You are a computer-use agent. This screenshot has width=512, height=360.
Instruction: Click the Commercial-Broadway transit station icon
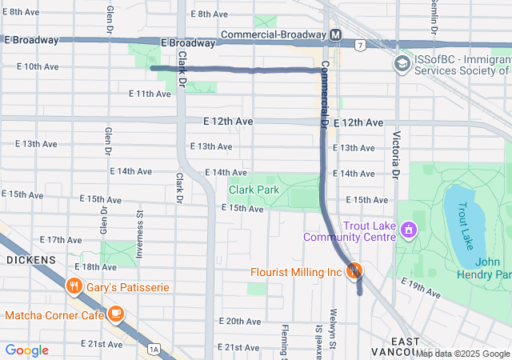tap(336, 35)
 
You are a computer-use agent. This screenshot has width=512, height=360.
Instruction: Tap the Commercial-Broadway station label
tap(272, 35)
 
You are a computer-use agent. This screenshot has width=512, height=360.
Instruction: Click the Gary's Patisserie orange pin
tap(74, 286)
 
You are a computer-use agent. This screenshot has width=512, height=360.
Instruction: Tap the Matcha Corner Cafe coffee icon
tap(117, 314)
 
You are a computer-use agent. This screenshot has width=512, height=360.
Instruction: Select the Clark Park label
tap(254, 190)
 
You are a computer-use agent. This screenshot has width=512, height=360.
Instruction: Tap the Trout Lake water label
tap(466, 214)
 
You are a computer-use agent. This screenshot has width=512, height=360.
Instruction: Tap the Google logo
tap(26, 350)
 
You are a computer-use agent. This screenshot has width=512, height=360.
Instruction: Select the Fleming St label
tap(284, 341)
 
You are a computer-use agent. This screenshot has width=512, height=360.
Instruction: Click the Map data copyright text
tap(463, 354)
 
